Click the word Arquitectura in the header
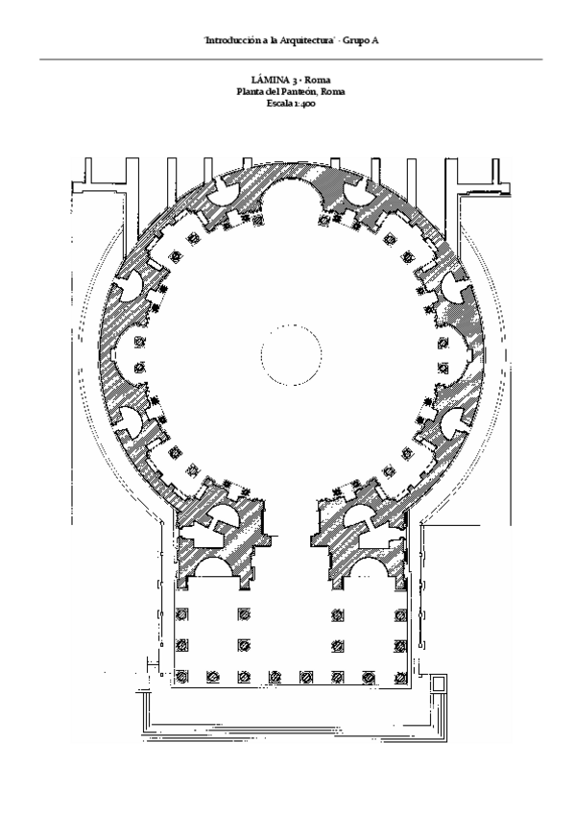pyautogui.click(x=307, y=40)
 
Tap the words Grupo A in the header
pyautogui.click(x=361, y=40)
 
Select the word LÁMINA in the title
pyautogui.click(x=271, y=80)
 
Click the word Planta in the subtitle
pyautogui.click(x=248, y=92)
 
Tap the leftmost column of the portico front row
pyautogui.click(x=181, y=677)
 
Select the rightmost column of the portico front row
pyautogui.click(x=400, y=677)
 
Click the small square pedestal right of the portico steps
pyautogui.click(x=439, y=682)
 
